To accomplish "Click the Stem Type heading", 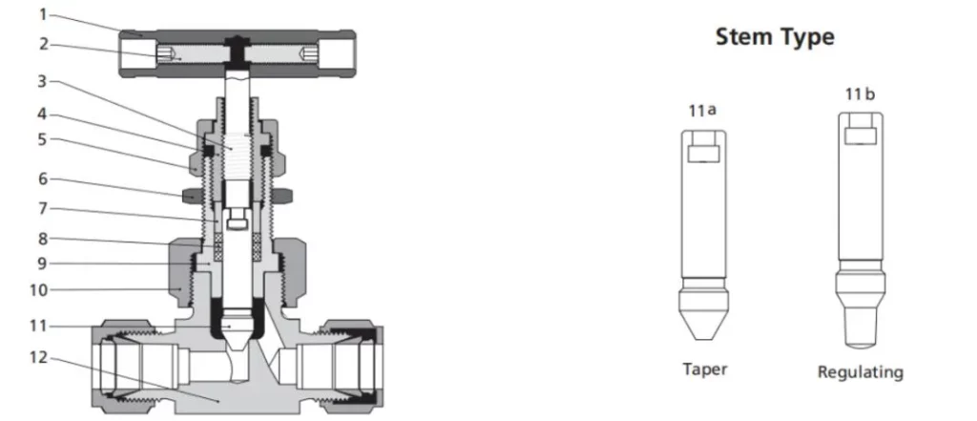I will (775, 37).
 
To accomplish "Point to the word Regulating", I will (860, 371).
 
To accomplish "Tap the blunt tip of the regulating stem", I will (860, 333).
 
